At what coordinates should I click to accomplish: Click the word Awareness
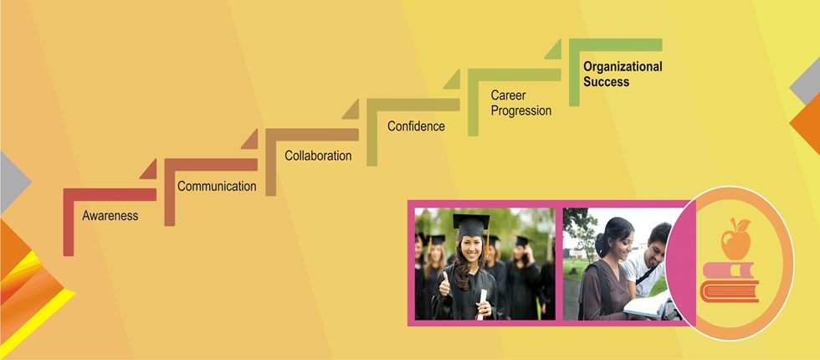pos(110,216)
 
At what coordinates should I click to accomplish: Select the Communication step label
pos(217,186)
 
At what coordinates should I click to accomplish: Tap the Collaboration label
pos(318,156)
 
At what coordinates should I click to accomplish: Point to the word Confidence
pos(417,126)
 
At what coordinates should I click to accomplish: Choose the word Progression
pos(521,111)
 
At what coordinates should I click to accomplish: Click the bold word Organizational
pos(623,66)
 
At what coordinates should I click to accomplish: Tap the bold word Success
pos(607,82)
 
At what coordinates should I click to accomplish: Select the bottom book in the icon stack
pos(730,291)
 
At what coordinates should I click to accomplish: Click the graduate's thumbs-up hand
pos(444,285)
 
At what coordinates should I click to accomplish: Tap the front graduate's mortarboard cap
pos(471,225)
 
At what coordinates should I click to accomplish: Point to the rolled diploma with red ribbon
pos(482,304)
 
